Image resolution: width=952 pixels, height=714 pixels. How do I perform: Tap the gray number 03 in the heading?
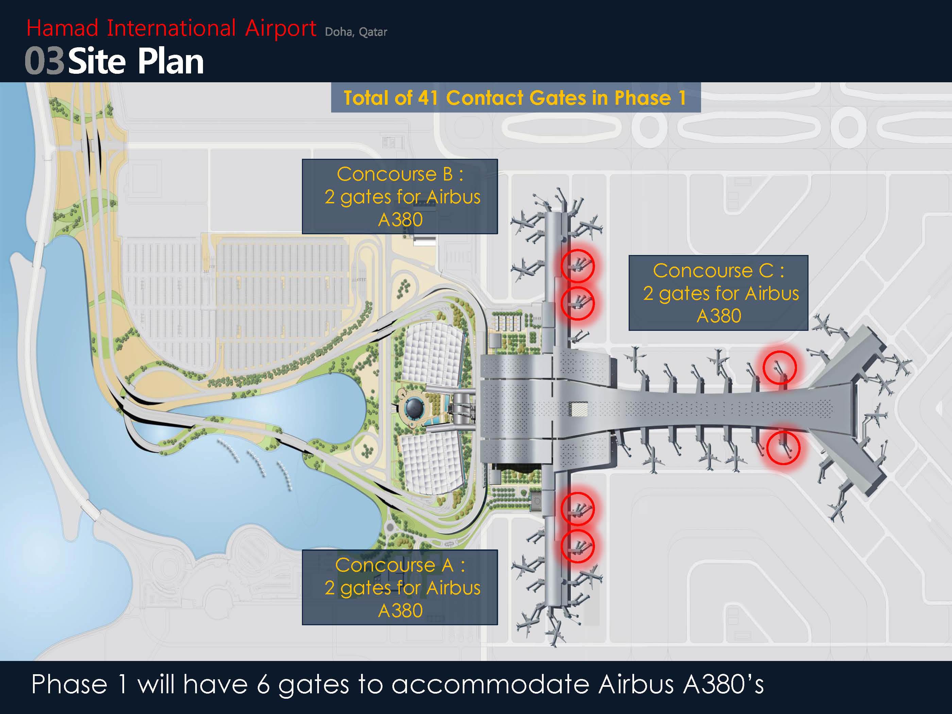44,62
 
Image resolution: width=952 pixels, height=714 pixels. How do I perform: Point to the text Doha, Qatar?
356,32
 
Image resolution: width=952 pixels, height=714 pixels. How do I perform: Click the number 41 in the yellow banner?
428,98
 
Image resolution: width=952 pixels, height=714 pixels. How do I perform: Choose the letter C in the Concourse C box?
766,271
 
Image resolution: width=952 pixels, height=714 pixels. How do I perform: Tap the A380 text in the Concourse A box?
400,611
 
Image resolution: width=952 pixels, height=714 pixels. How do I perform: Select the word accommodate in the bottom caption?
490,685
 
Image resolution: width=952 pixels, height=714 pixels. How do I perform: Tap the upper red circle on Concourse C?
796,368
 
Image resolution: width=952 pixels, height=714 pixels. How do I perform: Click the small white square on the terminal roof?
579,409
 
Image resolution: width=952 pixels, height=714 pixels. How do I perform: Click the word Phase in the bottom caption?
69,684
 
